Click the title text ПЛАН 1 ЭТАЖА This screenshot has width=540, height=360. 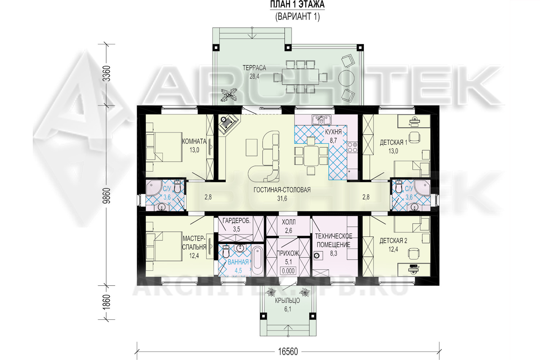pyautogui.click(x=297, y=5)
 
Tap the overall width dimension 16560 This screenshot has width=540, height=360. pyautogui.click(x=288, y=352)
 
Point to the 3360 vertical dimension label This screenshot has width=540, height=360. pyautogui.click(x=106, y=73)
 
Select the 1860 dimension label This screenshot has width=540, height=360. pyautogui.click(x=106, y=302)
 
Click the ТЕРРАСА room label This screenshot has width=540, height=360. pyautogui.click(x=254, y=68)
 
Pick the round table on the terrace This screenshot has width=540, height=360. pyautogui.click(x=346, y=78)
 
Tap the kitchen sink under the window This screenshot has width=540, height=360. pyautogui.click(x=321, y=120)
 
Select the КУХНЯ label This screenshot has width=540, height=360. pyautogui.click(x=333, y=132)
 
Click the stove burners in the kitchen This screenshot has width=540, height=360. pyautogui.click(x=352, y=147)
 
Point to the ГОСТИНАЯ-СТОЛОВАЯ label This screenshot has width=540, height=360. pyautogui.click(x=282, y=190)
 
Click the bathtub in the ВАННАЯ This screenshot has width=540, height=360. pyautogui.click(x=257, y=260)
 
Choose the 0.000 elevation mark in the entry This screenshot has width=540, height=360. pyautogui.click(x=288, y=271)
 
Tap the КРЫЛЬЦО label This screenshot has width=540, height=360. pyautogui.click(x=288, y=301)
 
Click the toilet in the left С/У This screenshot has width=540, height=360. pyautogui.click(x=177, y=186)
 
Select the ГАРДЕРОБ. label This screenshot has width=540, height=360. pyautogui.click(x=237, y=221)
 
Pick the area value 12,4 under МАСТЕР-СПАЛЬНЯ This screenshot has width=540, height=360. pyautogui.click(x=194, y=256)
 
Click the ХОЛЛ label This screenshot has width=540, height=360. pyautogui.click(x=289, y=222)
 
